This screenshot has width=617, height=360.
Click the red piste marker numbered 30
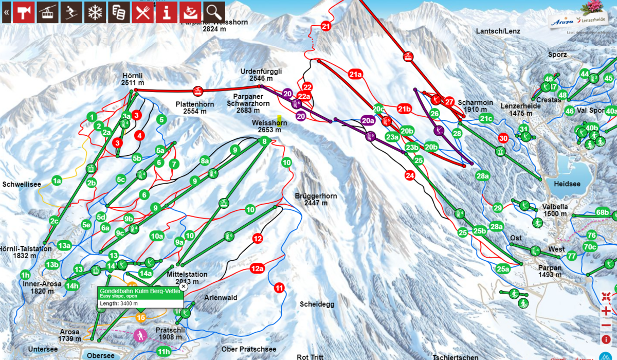[503, 138]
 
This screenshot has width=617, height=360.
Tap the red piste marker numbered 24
[409, 175]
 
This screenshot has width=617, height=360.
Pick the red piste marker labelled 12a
[257, 268]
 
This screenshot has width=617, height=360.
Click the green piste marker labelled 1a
[57, 181]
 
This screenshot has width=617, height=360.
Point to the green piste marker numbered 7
[174, 164]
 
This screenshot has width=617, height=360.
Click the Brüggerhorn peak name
[316, 196]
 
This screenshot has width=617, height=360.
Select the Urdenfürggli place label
[261, 71]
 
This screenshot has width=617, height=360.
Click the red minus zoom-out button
[606, 325]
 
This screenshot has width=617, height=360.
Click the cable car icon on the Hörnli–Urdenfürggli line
[197, 92]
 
